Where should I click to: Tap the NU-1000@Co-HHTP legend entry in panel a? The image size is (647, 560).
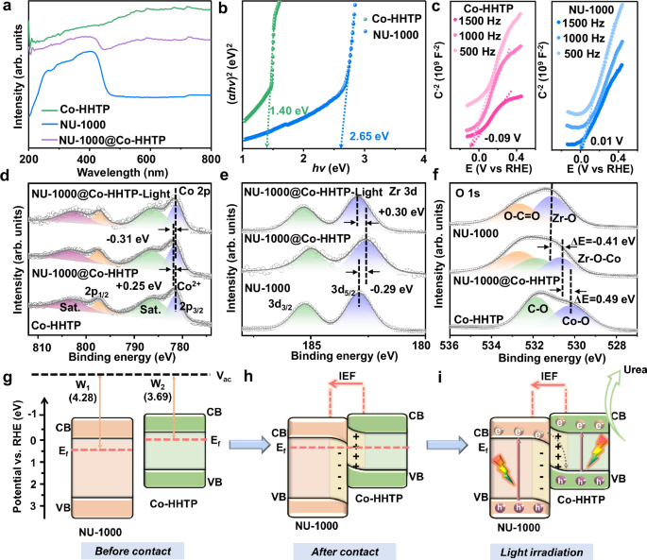click(105, 139)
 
